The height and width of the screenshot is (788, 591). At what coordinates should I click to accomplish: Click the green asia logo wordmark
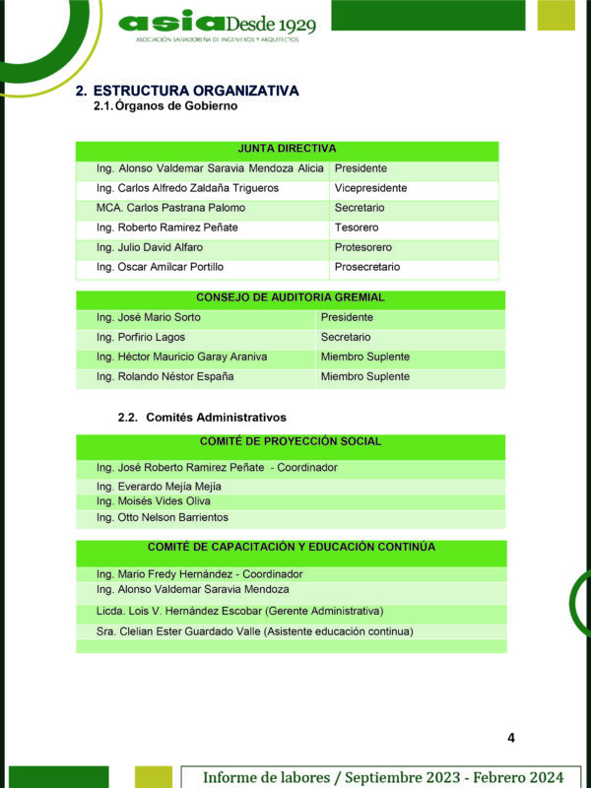coord(170,22)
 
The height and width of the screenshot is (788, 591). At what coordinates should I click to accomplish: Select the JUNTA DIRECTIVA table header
coord(287,149)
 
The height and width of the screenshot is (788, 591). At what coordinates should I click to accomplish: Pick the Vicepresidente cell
coord(370,188)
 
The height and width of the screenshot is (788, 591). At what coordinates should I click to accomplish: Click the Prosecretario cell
coord(366,267)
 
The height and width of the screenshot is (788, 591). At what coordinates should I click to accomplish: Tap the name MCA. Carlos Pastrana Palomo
coord(170,208)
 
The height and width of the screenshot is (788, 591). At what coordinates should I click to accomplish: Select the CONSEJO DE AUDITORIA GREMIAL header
coord(290,297)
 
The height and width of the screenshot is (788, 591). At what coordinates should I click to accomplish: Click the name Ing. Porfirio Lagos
coord(141,337)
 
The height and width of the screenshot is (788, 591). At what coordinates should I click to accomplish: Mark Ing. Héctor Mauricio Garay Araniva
coord(181,357)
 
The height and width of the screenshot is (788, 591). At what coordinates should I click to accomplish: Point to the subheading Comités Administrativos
coord(216,418)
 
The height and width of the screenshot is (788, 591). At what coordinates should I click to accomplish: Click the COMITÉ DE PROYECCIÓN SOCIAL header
coord(290,442)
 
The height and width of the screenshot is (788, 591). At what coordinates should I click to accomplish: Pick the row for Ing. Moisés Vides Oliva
coord(154,501)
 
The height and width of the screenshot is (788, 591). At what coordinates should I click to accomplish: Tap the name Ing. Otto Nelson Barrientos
coord(162,517)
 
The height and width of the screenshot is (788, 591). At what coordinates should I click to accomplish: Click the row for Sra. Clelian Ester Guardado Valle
coord(254,631)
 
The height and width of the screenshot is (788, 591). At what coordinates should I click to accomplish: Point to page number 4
coord(511,738)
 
